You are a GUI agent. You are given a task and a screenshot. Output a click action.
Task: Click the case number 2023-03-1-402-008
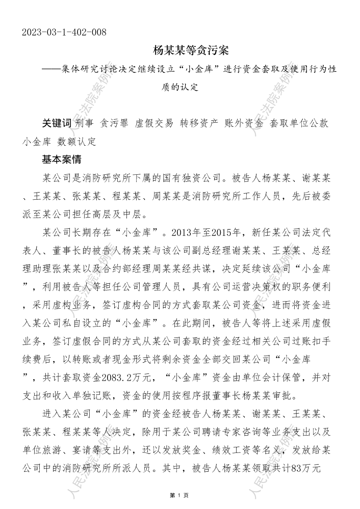[64, 33]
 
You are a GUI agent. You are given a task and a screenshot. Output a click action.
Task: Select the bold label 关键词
[57, 123]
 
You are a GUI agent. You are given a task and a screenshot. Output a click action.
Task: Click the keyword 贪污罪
[114, 123]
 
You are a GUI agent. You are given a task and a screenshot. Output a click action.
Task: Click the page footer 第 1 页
[179, 495]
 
